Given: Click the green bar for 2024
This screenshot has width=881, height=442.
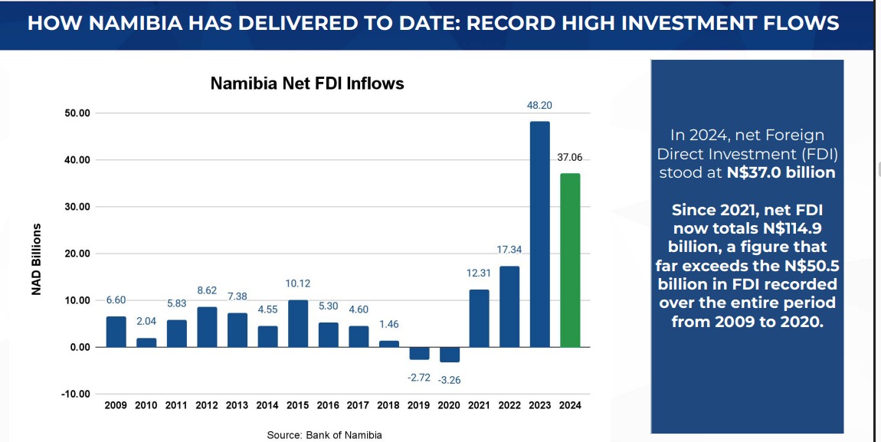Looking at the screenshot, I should pyautogui.click(x=569, y=260).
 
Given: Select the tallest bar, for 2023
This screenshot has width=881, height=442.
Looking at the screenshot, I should pyautogui.click(x=539, y=234).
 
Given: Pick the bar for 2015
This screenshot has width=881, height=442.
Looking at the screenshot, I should pyautogui.click(x=298, y=323).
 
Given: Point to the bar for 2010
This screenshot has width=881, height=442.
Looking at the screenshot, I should pyautogui.click(x=146, y=342).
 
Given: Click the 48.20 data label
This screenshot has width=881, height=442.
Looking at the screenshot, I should pyautogui.click(x=539, y=105).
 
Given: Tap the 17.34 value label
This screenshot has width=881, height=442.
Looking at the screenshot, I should pyautogui.click(x=509, y=250).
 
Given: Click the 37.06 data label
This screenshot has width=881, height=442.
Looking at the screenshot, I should pyautogui.click(x=569, y=157).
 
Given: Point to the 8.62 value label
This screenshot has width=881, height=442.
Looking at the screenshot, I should pyautogui.click(x=207, y=290).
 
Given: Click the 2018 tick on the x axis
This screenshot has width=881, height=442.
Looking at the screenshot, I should pyautogui.click(x=388, y=405).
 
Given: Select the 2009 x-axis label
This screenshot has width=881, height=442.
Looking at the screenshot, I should pyautogui.click(x=116, y=405).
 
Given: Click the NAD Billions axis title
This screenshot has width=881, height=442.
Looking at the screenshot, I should pyautogui.click(x=36, y=260).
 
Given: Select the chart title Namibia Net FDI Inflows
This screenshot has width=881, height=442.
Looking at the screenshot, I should pyautogui.click(x=307, y=83).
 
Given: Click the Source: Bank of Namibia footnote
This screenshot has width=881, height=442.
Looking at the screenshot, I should pyautogui.click(x=324, y=435).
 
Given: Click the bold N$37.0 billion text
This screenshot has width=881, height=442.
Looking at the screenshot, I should pyautogui.click(x=781, y=172).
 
